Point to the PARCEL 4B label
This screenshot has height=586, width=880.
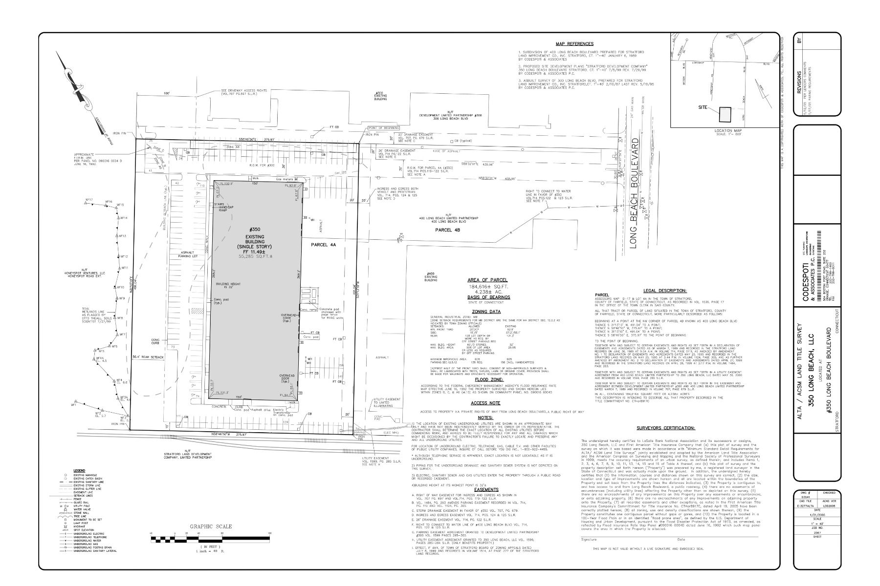coord(448,229)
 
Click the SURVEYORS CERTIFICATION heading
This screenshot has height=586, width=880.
coord(665,428)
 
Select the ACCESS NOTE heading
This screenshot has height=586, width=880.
coord(485,403)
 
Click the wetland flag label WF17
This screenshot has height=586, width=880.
coord(89,200)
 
